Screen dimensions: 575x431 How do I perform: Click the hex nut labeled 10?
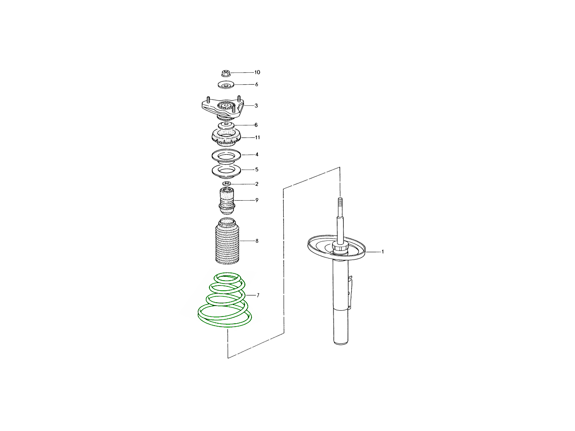point(226,73)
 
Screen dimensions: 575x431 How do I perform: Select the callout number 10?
point(257,72)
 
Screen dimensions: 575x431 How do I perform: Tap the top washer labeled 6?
point(226,85)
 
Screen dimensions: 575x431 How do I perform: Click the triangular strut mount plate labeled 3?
point(223,108)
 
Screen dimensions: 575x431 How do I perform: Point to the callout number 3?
point(256,106)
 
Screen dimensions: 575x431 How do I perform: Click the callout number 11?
point(257,137)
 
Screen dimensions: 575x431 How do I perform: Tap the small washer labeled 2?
point(227,184)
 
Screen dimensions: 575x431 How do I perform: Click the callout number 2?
point(257,184)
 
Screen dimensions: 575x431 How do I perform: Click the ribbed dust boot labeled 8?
point(227,241)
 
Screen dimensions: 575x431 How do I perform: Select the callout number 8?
point(257,241)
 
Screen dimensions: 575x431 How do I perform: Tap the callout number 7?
point(258,295)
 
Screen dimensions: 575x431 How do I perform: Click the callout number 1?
point(382,252)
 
